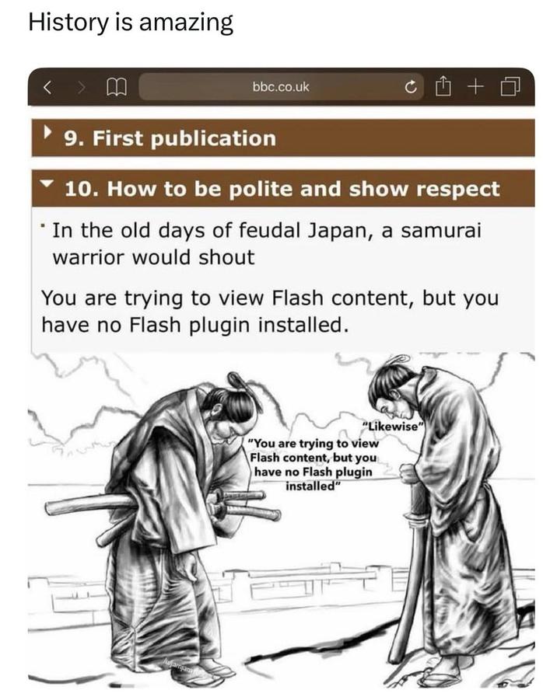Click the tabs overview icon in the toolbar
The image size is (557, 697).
click(510, 87)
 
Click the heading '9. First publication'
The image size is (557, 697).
click(170, 139)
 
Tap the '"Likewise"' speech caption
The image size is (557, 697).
click(394, 427)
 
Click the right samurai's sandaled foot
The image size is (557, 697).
click(445, 674)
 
